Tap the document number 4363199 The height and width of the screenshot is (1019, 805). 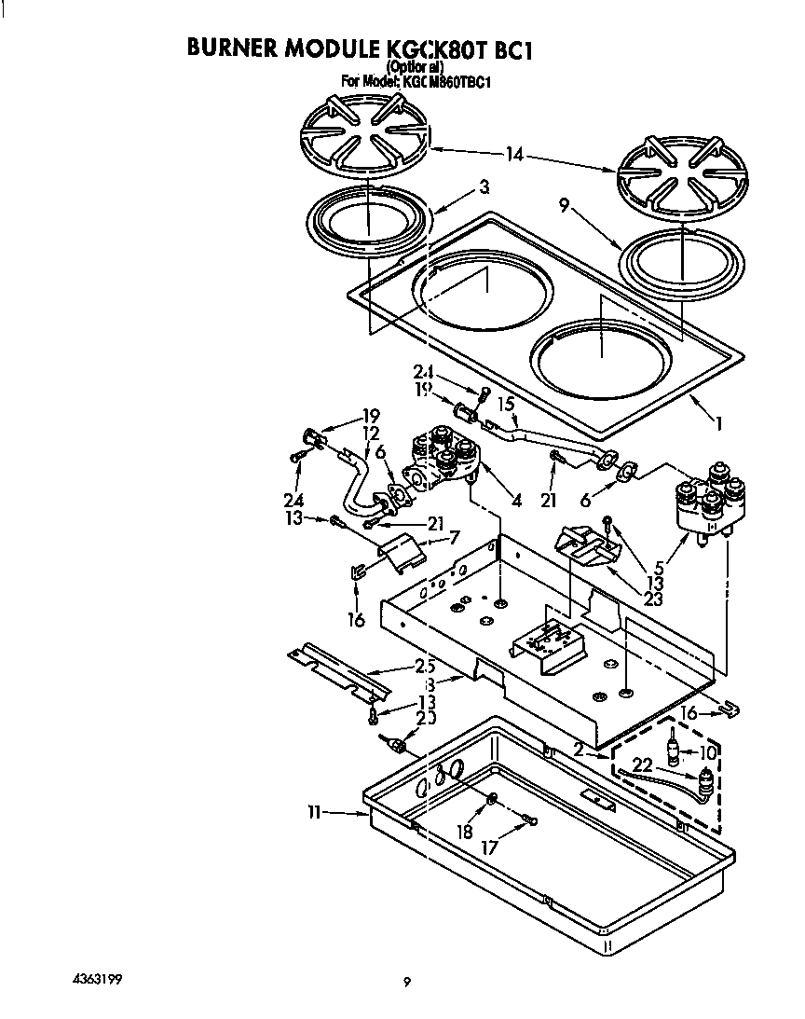pyautogui.click(x=96, y=979)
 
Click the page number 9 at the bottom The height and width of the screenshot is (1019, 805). pyautogui.click(x=406, y=981)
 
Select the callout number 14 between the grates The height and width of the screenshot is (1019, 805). pyautogui.click(x=514, y=156)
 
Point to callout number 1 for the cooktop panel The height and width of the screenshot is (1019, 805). pyautogui.click(x=717, y=422)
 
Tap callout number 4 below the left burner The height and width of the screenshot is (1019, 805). pyautogui.click(x=515, y=499)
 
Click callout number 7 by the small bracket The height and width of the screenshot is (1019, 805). pyautogui.click(x=454, y=537)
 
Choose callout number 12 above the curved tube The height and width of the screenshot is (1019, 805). pyautogui.click(x=371, y=434)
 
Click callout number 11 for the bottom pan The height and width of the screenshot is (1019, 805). pyautogui.click(x=315, y=813)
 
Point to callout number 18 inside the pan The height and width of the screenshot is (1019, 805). pyautogui.click(x=464, y=831)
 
